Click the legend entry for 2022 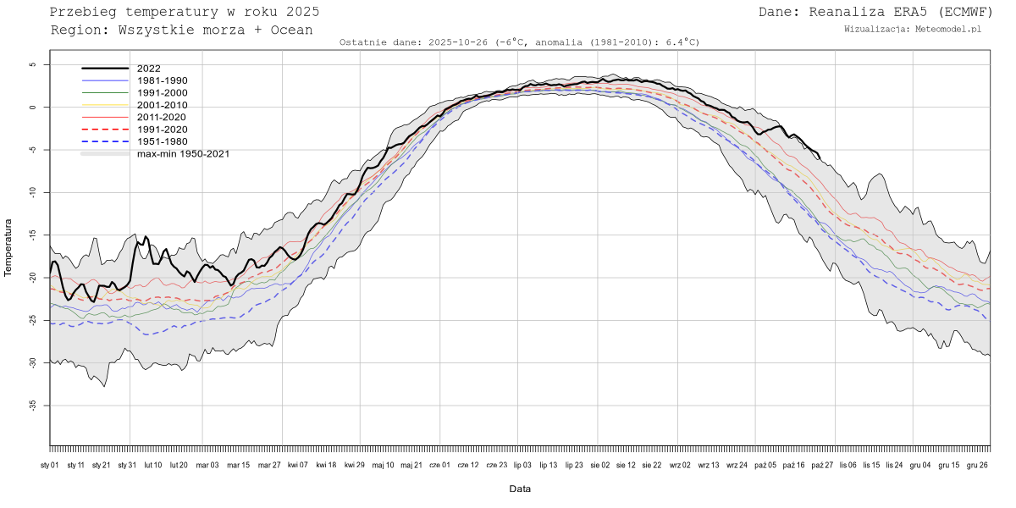point(148,69)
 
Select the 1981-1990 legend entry point(162,80)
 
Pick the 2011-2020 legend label point(162,117)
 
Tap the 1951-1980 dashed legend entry point(162,141)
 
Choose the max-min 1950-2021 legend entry point(183,153)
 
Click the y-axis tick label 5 point(32,64)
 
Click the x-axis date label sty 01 point(50,465)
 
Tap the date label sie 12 point(626,465)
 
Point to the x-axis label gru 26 point(978,465)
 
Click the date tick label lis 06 point(847,465)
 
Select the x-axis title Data point(520,489)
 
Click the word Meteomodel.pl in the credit point(948,29)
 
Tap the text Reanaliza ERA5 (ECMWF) point(900,12)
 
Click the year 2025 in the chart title point(302,12)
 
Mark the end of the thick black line point(819,157)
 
